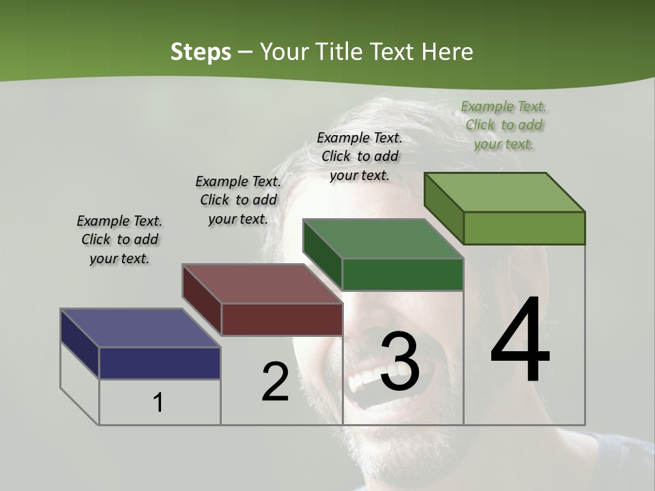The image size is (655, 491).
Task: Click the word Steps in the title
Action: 201,52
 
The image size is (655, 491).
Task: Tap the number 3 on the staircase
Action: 399,361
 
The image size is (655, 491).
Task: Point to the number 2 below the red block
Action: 275,382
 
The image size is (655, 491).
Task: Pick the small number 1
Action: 158,402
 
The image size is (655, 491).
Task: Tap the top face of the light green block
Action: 505,192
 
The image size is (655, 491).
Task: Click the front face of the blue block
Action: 160,363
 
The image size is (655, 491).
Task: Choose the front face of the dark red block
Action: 282,319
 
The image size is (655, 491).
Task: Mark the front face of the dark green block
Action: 403,274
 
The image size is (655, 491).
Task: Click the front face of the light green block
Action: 524,228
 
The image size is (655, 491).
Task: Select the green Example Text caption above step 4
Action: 504,125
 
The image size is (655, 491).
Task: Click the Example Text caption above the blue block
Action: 119,239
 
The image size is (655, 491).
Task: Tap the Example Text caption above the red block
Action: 238,200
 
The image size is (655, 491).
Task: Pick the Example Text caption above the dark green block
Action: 360,156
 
